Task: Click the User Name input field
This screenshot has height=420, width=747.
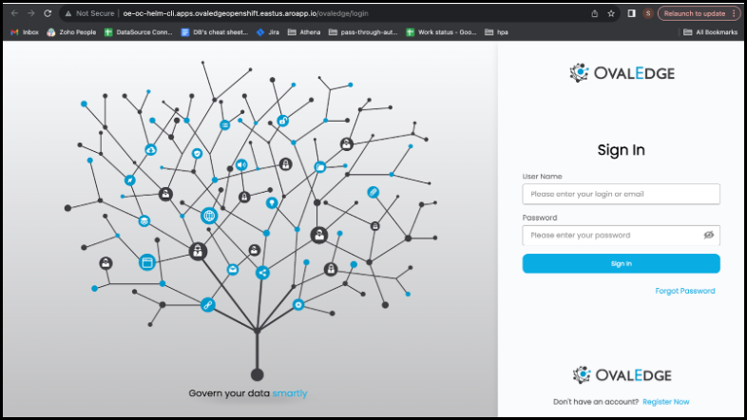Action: tap(621, 194)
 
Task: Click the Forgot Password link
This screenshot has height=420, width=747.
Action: tap(684, 291)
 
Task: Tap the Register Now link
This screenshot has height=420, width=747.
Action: tap(665, 402)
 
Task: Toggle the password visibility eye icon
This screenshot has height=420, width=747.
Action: tap(708, 235)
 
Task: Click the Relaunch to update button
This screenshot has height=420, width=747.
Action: tap(699, 13)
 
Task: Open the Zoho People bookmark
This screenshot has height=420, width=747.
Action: tap(71, 32)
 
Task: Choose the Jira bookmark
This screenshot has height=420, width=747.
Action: tap(268, 32)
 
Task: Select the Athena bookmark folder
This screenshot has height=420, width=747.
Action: tap(304, 32)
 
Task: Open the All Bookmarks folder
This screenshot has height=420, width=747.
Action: tap(710, 32)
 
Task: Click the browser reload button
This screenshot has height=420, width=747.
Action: tap(48, 13)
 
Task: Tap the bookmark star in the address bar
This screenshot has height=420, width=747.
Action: tap(611, 13)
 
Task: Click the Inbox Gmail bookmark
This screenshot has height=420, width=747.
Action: tap(25, 32)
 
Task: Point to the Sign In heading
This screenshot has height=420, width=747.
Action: tap(621, 150)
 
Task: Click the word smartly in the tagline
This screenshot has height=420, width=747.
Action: tap(290, 393)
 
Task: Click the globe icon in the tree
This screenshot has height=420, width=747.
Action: tap(209, 216)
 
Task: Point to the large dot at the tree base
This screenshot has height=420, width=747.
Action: tap(258, 374)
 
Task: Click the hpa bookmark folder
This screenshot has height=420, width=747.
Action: tap(496, 32)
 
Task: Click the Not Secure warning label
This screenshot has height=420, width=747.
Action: tap(90, 13)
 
